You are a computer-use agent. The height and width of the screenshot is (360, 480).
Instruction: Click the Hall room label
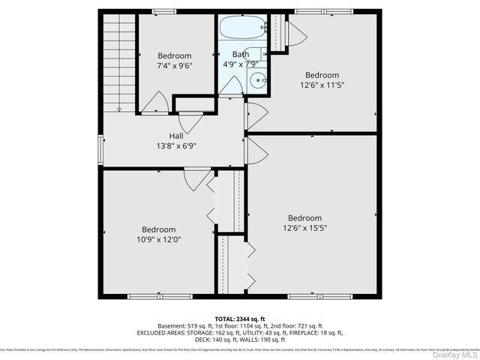pos(177,136)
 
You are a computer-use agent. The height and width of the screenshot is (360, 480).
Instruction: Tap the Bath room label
pos(241,54)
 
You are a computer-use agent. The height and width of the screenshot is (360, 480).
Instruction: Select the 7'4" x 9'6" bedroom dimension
pos(174,66)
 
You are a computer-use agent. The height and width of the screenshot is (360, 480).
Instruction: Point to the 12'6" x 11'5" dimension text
pos(322,85)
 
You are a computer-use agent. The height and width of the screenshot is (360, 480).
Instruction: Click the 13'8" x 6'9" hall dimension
pos(176,146)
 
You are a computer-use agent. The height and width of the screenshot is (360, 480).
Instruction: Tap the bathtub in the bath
pos(241,28)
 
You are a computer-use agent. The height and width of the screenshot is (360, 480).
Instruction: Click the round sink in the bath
pos(258,81)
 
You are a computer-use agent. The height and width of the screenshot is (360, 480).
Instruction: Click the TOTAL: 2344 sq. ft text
pos(240,319)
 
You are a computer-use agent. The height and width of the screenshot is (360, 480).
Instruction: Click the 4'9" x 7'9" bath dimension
pos(241,64)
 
